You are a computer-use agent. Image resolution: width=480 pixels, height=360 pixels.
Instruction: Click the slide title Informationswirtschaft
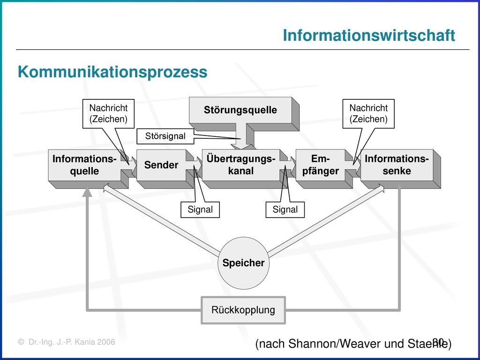click(369, 35)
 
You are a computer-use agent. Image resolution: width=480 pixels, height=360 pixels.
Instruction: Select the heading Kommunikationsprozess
click(112, 72)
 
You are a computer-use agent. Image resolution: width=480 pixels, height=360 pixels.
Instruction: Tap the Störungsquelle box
click(240, 110)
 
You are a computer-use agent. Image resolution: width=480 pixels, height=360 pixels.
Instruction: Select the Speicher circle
click(244, 263)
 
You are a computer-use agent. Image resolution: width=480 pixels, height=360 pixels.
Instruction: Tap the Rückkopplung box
click(243, 310)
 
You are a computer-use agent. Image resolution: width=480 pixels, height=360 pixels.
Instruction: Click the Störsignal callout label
click(165, 136)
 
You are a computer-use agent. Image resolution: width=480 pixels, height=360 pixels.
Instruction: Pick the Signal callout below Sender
click(200, 210)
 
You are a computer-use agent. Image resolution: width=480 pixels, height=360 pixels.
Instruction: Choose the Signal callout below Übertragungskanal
click(285, 210)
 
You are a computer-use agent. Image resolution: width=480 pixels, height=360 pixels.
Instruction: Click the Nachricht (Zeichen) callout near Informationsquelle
click(108, 113)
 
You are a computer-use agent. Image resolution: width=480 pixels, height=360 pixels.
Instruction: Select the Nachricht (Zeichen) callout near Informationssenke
click(368, 113)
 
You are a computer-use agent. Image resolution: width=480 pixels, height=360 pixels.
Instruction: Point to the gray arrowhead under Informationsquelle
click(87, 192)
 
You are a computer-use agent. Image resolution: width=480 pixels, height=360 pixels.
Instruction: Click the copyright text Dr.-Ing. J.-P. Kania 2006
click(67, 342)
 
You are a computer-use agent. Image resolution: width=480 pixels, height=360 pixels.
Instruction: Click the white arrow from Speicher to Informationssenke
click(326, 220)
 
